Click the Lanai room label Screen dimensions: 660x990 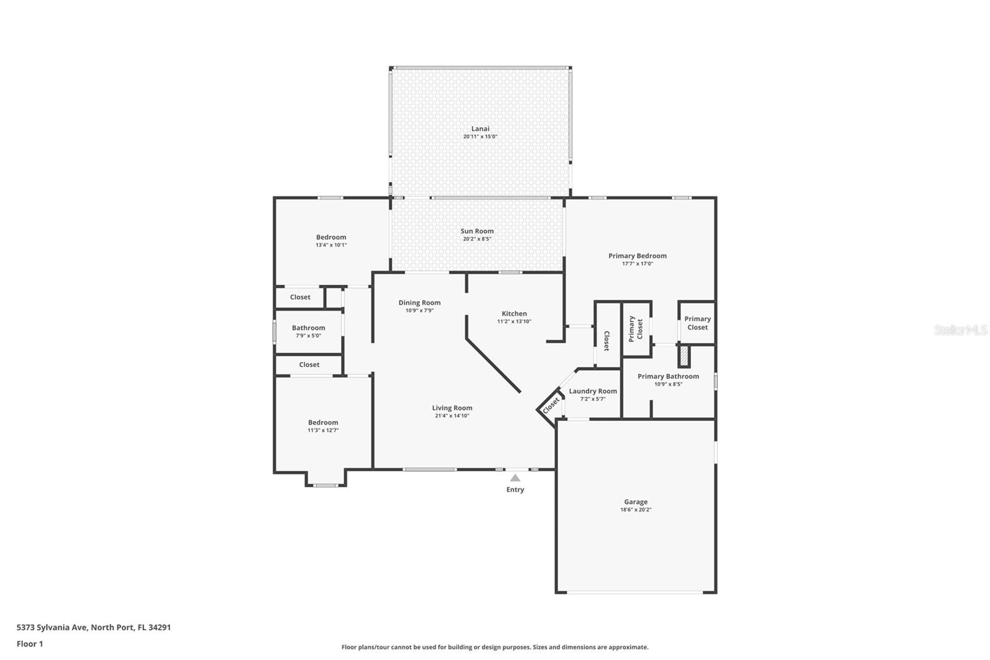[480, 129]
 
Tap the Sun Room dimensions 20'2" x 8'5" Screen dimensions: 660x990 [476, 239]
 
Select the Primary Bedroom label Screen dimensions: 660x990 [637, 256]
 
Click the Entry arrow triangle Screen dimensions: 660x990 [515, 478]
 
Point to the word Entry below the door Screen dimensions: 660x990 [515, 490]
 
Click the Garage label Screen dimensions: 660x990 [635, 502]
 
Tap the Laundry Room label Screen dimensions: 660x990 [593, 391]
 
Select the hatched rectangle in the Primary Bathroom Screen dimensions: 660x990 [684, 356]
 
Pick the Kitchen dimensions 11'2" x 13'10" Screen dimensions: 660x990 [514, 321]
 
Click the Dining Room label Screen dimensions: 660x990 [420, 303]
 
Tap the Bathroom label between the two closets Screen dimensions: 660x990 [308, 328]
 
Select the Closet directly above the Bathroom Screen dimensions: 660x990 [300, 297]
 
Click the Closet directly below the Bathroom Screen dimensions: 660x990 [309, 365]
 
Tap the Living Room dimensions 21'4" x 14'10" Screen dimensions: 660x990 [452, 416]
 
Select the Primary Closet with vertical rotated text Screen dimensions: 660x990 [635, 329]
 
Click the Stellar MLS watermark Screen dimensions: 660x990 [960, 331]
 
